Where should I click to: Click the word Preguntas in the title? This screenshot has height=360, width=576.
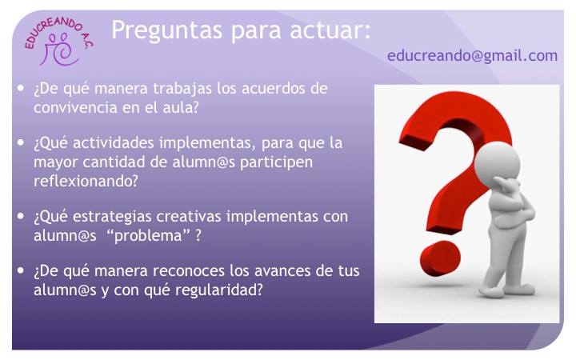[166, 31]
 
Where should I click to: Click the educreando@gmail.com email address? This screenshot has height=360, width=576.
[473, 56]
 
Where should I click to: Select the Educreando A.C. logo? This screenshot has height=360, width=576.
[58, 42]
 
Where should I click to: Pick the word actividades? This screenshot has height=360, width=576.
[113, 142]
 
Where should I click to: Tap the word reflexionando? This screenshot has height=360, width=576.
[86, 181]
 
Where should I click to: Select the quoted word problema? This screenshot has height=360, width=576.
[148, 235]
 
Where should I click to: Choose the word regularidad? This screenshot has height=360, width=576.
[219, 290]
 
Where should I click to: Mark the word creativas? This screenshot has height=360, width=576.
[189, 216]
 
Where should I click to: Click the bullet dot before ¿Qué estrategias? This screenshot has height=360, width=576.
[21, 216]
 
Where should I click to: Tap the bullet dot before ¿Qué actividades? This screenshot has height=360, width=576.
[21, 142]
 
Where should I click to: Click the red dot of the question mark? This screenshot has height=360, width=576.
[441, 258]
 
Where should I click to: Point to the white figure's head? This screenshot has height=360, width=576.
[497, 162]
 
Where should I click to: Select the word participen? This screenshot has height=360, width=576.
[276, 162]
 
